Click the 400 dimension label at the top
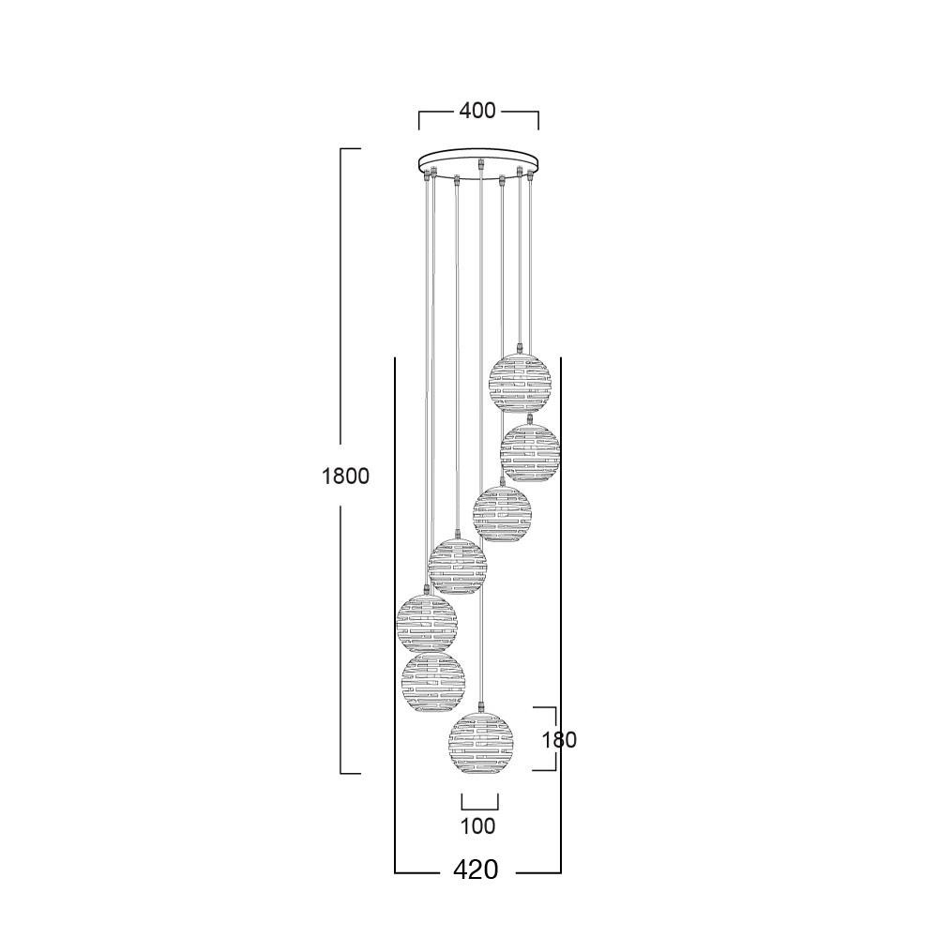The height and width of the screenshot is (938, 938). tap(477, 111)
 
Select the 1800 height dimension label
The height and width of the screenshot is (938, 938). tap(346, 477)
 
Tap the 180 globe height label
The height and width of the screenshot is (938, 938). tap(559, 740)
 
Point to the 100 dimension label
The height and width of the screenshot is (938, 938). tap(478, 826)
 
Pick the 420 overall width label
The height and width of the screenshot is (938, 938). tap(477, 870)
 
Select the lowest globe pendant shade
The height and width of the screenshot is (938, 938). tap(481, 742)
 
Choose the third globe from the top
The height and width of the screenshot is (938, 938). tap(501, 514)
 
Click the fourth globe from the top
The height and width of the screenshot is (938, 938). tap(458, 566)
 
